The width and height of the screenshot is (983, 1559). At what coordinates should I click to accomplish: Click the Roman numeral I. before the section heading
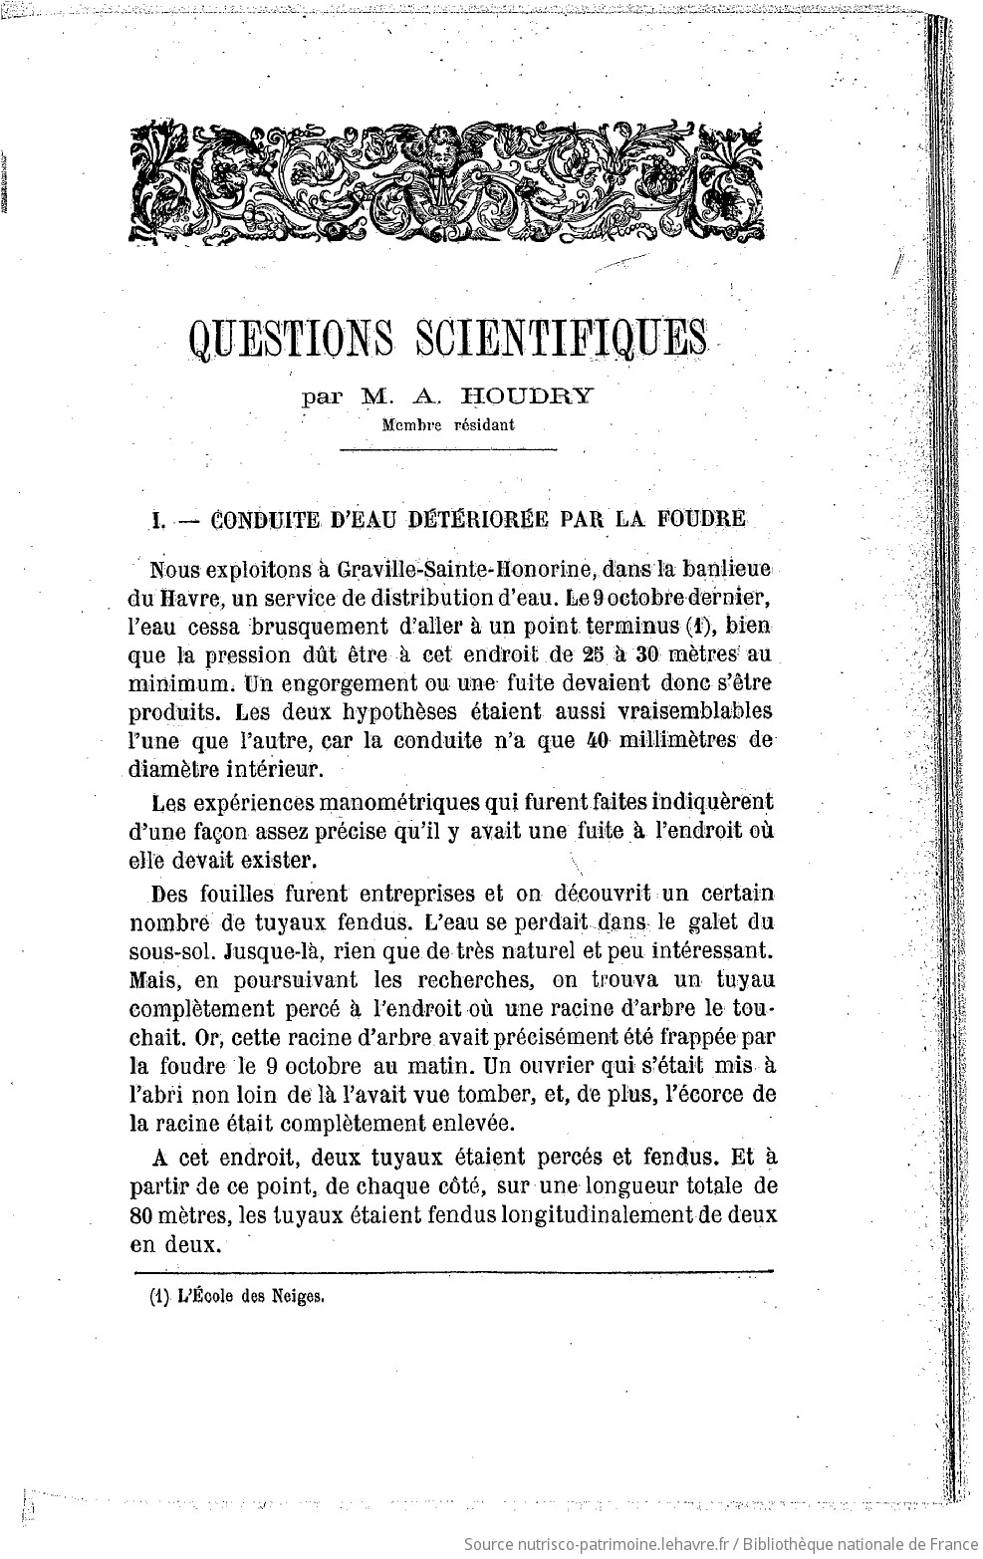click(156, 520)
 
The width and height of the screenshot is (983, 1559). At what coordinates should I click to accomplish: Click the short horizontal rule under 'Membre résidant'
click(448, 450)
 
